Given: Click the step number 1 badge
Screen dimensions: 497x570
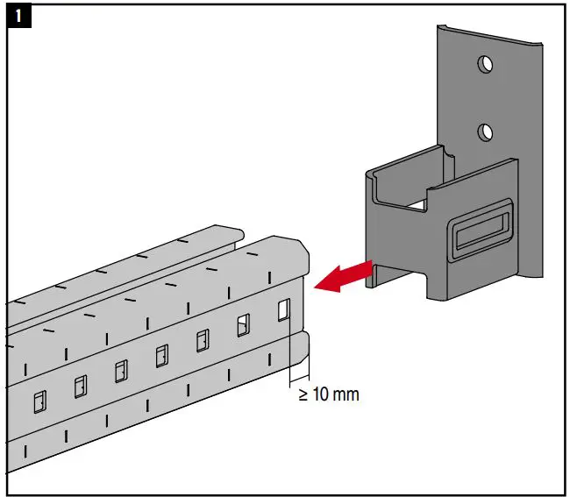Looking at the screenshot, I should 18,18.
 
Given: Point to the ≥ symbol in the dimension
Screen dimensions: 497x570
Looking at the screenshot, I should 303,394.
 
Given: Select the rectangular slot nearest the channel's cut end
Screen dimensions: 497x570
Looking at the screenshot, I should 283,311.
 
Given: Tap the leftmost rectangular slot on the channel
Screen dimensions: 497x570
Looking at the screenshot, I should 39,401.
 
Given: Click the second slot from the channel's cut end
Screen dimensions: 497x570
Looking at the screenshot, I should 242,326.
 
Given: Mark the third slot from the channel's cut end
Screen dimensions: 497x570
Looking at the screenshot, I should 203,340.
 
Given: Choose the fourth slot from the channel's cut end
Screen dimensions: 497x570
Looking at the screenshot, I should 162,355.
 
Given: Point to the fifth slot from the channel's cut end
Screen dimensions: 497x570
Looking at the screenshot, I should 121,371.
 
